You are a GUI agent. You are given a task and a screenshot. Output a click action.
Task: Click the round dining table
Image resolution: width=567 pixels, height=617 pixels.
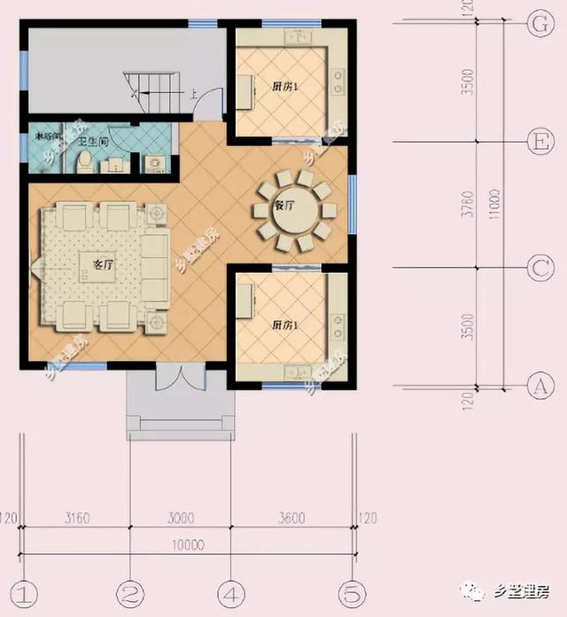coord(293,210)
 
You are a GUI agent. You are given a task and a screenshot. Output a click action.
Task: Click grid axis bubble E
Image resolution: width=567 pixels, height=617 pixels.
coord(537,141)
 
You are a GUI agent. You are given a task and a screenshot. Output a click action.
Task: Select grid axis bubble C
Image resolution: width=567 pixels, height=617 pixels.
coord(537,266)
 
